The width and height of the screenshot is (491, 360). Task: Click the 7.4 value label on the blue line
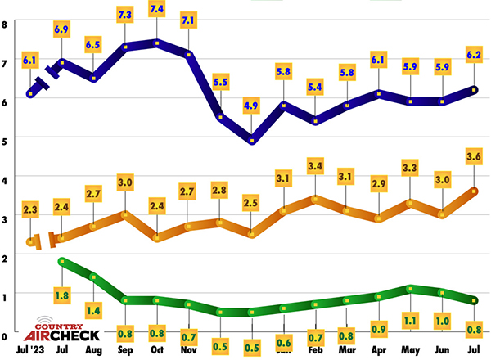pos(157,8)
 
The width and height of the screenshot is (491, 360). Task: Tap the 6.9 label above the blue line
pos(62,29)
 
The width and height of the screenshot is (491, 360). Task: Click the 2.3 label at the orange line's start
pos(31,210)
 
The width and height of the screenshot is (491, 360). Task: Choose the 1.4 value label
pos(93,309)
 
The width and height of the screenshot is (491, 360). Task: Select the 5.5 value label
pos(221,83)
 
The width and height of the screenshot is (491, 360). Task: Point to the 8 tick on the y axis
pos(5,24)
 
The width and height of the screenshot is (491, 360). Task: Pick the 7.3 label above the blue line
pos(125,16)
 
